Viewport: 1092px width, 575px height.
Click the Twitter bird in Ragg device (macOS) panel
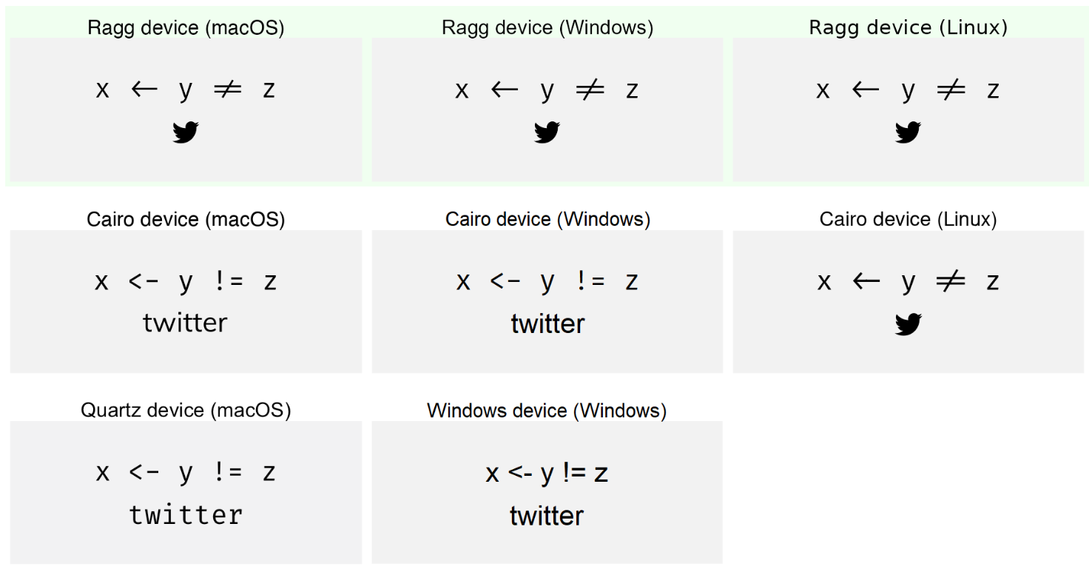point(186,132)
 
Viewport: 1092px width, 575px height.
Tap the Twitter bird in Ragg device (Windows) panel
point(547,132)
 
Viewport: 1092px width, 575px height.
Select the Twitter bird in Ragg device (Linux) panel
point(908,132)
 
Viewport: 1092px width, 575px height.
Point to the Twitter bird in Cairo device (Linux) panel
point(908,324)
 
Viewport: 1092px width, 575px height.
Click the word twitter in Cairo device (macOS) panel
point(185,323)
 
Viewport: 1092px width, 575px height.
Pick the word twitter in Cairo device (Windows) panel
point(547,323)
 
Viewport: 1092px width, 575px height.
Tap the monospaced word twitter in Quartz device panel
point(186,514)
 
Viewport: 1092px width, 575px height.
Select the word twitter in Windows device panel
point(547,516)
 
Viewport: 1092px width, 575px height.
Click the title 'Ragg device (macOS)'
point(186,28)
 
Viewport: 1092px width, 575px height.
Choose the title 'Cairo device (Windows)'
point(547,220)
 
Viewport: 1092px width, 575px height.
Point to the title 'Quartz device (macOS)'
point(186,410)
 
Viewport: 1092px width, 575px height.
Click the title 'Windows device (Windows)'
point(547,411)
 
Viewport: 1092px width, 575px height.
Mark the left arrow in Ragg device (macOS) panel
point(144,90)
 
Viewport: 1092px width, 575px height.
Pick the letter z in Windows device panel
point(600,474)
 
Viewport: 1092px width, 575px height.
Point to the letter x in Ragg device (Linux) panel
point(823,90)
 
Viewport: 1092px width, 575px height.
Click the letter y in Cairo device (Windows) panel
point(547,283)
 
